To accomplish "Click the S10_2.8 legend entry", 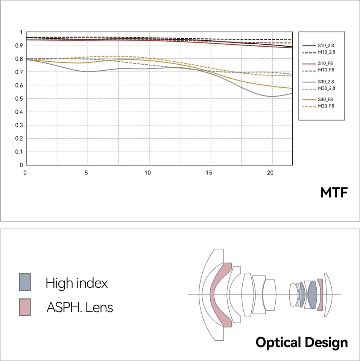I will [x=318, y=46].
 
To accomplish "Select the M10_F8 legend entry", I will [x=318, y=70].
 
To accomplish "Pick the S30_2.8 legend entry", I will [x=318, y=82].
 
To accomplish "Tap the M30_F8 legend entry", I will [x=318, y=106].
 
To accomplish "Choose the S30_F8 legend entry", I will [x=318, y=99].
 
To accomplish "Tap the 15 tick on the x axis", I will [x=209, y=173].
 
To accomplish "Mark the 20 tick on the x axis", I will [x=270, y=173].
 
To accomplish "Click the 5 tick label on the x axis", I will [x=87, y=173].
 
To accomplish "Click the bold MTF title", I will [x=334, y=193].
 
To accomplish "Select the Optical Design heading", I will [x=301, y=343].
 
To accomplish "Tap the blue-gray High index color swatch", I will [x=25, y=282].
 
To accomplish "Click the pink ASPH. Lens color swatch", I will [x=25, y=307].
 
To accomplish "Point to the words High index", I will [x=76, y=283].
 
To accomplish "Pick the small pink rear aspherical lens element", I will [x=320, y=294].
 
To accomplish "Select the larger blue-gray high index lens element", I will [x=312, y=294].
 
